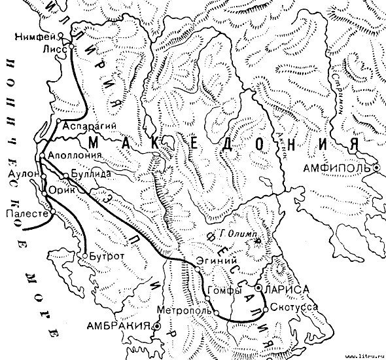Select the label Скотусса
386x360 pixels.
pos(289,306)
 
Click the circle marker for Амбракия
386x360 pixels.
pos(158,325)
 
